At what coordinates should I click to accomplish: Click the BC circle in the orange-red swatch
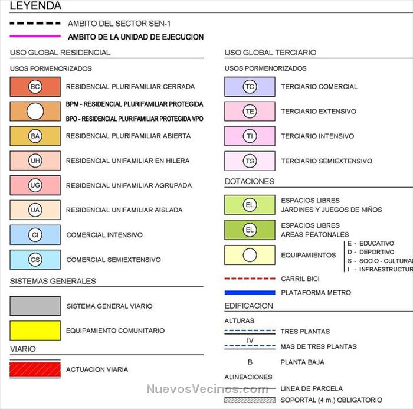(x=35, y=87)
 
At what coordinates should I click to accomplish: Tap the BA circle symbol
(x=35, y=136)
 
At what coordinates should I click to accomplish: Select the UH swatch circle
(x=35, y=161)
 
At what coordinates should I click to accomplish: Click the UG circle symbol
(x=35, y=185)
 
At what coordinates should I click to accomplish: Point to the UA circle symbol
(x=35, y=210)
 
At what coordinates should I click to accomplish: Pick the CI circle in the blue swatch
(x=35, y=235)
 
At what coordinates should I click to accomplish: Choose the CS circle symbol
(x=35, y=260)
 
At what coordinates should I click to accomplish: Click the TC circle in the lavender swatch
(x=250, y=87)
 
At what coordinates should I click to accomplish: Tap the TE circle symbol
(x=250, y=112)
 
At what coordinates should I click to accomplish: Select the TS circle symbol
(x=250, y=161)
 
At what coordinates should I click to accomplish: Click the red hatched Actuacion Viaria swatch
(x=35, y=369)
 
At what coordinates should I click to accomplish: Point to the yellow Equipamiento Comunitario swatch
(x=35, y=331)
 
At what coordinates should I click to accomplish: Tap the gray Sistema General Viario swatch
(x=35, y=306)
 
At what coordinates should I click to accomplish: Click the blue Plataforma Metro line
(x=250, y=292)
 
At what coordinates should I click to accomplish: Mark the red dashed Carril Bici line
(x=250, y=279)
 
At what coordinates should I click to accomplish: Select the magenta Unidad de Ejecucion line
(x=35, y=37)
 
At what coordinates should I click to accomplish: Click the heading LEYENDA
(x=35, y=6)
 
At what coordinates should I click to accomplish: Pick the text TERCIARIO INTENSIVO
(x=317, y=136)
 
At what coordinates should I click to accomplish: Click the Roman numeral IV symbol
(x=250, y=340)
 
